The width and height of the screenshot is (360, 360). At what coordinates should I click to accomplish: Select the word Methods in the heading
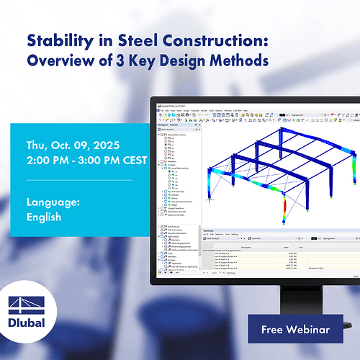242,61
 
